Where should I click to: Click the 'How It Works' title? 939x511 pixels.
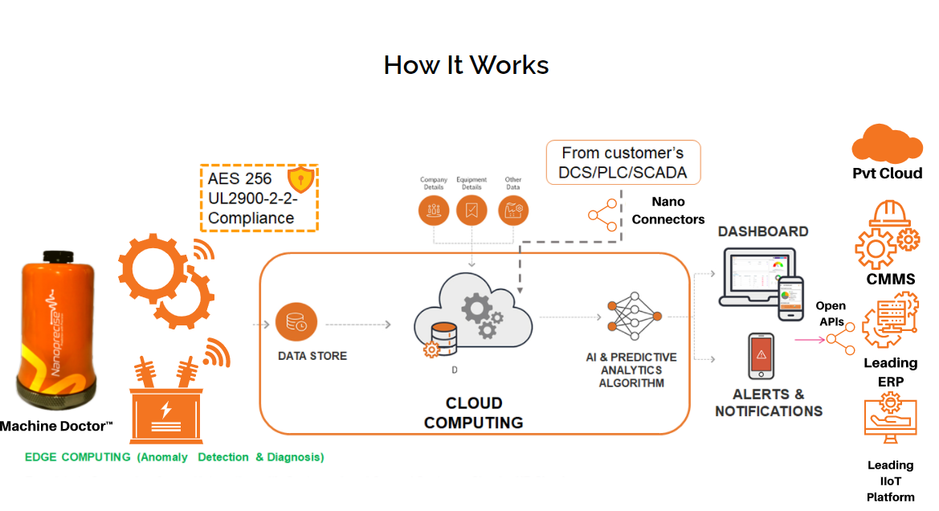pyautogui.click(x=466, y=64)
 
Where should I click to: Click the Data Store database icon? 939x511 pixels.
pyautogui.click(x=296, y=323)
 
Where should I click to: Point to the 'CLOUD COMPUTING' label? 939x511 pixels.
pyautogui.click(x=474, y=412)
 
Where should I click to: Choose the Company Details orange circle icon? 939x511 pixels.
pyautogui.click(x=434, y=210)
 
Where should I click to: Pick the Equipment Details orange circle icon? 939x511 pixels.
pyautogui.click(x=472, y=210)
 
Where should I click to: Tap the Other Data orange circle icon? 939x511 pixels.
pyautogui.click(x=512, y=210)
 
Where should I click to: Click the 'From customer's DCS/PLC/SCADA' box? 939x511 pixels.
pyautogui.click(x=623, y=162)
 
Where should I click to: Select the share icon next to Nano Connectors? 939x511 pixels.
pyautogui.click(x=603, y=215)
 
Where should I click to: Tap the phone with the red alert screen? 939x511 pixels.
pyautogui.click(x=761, y=356)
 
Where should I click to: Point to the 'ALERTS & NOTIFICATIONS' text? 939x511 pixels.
pyautogui.click(x=769, y=403)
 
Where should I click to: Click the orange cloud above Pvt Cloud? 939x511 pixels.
pyautogui.click(x=887, y=144)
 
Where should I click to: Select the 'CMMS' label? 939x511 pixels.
pyautogui.click(x=890, y=280)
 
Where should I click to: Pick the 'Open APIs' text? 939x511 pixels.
pyautogui.click(x=831, y=314)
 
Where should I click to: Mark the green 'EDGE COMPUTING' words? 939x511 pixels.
pyautogui.click(x=78, y=457)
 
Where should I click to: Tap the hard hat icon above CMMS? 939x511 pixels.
pyautogui.click(x=887, y=215)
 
